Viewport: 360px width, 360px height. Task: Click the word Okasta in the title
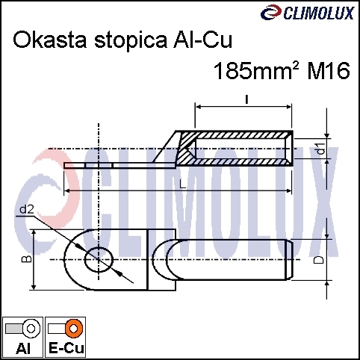click(x=50, y=40)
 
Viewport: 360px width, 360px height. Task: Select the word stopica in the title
click(x=131, y=41)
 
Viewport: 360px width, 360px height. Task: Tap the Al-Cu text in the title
click(x=202, y=40)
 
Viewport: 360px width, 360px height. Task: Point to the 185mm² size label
click(x=256, y=71)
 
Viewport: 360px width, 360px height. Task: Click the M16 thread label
click(x=329, y=71)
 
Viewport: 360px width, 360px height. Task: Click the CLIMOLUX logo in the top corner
click(x=308, y=13)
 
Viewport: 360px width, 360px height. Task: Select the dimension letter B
click(x=27, y=259)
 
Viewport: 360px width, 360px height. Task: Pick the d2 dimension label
click(x=27, y=210)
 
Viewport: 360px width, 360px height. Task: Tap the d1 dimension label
click(x=321, y=149)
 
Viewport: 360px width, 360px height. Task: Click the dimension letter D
click(x=319, y=260)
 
